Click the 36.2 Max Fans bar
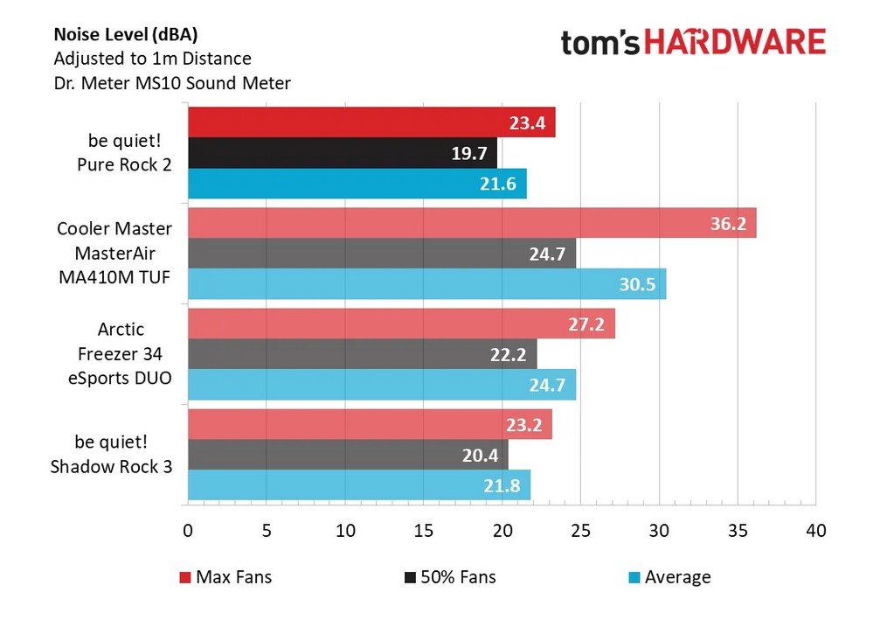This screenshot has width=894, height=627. click(472, 223)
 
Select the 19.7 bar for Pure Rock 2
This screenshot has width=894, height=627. click(343, 153)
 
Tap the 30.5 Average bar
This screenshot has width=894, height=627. click(426, 284)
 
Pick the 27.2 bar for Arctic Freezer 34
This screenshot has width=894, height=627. click(401, 323)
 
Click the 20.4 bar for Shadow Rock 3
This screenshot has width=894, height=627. click(348, 454)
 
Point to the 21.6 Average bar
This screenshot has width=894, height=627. click(357, 184)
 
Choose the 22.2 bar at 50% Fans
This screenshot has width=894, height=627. click(362, 353)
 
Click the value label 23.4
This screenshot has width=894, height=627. click(527, 123)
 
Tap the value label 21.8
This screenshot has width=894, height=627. click(502, 485)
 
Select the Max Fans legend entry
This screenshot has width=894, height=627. click(225, 577)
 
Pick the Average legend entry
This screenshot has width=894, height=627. click(669, 577)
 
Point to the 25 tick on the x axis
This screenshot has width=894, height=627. click(580, 531)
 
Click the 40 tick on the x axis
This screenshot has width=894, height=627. click(815, 531)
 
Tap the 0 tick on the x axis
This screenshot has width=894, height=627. click(188, 531)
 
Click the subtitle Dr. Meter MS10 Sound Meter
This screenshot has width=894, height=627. click(172, 84)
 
